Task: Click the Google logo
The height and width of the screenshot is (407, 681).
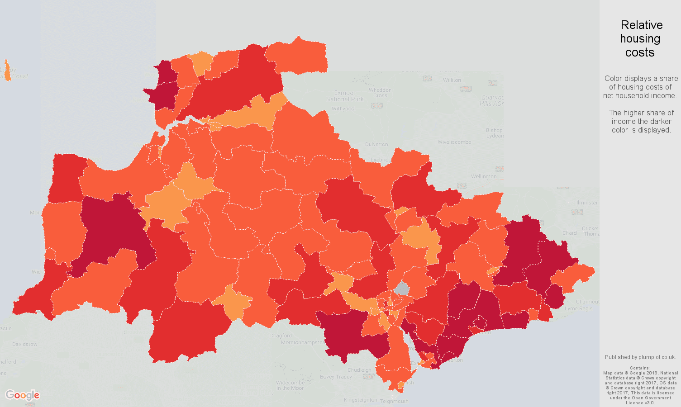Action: coord(22,395)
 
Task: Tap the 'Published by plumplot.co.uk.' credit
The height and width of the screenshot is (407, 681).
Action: coord(640,357)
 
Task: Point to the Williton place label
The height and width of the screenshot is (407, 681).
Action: coord(452,80)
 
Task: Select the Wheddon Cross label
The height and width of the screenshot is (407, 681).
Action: coord(380,93)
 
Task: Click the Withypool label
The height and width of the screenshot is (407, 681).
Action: coord(343,109)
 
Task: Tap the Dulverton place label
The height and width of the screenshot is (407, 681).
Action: coord(376,145)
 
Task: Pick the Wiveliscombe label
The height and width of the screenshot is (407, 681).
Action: coord(454,142)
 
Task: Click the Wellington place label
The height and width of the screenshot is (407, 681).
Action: coord(483,176)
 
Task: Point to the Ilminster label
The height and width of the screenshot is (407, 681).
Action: coord(587,203)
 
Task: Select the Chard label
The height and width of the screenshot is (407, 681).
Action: coord(569,233)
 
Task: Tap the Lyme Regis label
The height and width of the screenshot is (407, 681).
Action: coord(578,308)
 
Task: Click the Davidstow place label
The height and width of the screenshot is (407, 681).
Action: coord(25,344)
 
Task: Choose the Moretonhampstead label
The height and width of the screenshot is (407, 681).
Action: coord(303,342)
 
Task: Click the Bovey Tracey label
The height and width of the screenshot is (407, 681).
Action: coord(336,377)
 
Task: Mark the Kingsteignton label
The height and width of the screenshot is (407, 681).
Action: coord(360,400)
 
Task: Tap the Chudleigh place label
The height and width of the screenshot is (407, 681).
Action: coord(360,370)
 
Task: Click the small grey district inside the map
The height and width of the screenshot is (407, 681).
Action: coord(401,288)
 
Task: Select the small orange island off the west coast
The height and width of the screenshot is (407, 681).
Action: coord(7,71)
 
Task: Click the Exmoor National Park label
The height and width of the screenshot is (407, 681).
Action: coord(344,96)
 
